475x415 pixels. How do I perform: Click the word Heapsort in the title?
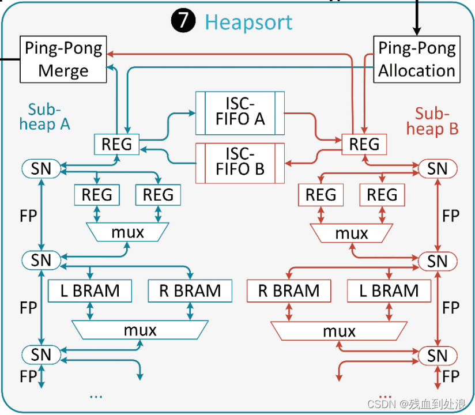pos(248,22)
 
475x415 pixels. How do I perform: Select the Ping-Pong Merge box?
pos(63,59)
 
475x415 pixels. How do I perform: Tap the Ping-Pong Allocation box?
pos(417,59)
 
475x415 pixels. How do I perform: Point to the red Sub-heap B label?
pos(436,121)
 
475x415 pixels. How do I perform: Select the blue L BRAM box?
pos(90,291)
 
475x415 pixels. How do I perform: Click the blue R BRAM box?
pos(190,291)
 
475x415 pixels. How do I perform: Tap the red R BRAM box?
pos(289,291)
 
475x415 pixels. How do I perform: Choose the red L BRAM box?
pos(389,291)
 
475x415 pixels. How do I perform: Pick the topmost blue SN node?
pos(41,168)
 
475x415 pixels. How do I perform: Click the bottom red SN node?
pos(437,356)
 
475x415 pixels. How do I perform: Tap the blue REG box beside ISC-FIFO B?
pos(117,143)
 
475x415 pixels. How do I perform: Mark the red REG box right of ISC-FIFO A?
pos(364,143)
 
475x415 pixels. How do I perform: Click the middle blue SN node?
pos(41,260)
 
